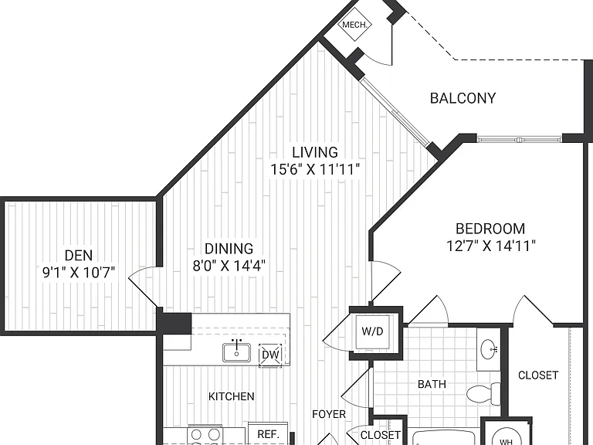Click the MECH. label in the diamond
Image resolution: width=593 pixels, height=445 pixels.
(x=354, y=25)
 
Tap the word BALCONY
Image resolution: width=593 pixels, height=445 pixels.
(x=463, y=98)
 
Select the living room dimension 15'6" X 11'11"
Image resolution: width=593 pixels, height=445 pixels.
(x=315, y=169)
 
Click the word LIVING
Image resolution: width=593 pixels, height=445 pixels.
(x=315, y=152)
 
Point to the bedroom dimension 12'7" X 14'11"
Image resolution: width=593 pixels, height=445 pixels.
(x=491, y=246)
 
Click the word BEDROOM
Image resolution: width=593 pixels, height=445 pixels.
(x=490, y=229)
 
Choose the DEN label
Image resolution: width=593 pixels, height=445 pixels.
(x=79, y=256)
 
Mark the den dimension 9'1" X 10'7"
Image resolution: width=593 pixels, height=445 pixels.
(x=79, y=272)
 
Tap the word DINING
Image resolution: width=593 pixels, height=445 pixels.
(x=229, y=249)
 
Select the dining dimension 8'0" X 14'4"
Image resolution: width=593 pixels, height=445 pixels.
(x=229, y=265)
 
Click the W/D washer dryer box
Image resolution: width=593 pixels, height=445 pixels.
(x=372, y=331)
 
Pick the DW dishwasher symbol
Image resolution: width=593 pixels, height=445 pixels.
(x=271, y=355)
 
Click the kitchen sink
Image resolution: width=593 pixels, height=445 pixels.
(x=236, y=352)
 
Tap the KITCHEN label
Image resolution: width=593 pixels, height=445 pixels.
(x=232, y=396)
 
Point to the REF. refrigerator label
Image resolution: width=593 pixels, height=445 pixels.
(x=268, y=434)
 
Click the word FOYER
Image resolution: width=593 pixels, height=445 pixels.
(x=329, y=414)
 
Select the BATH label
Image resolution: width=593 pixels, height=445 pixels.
(x=432, y=385)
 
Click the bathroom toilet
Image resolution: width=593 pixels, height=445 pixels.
(x=483, y=394)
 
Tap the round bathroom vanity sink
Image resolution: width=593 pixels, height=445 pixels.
(x=489, y=349)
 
